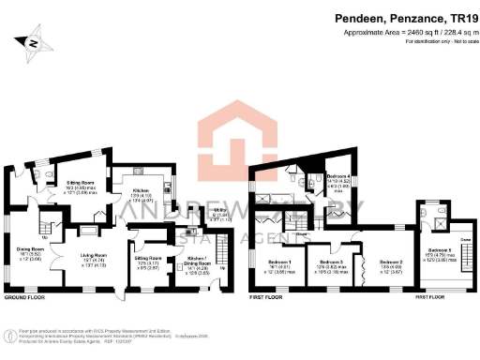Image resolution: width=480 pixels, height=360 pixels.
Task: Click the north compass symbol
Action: [x=34, y=41]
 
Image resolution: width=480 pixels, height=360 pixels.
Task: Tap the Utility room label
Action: [x=196, y=215]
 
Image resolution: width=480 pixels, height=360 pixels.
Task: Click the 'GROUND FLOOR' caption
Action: [x=24, y=296]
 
